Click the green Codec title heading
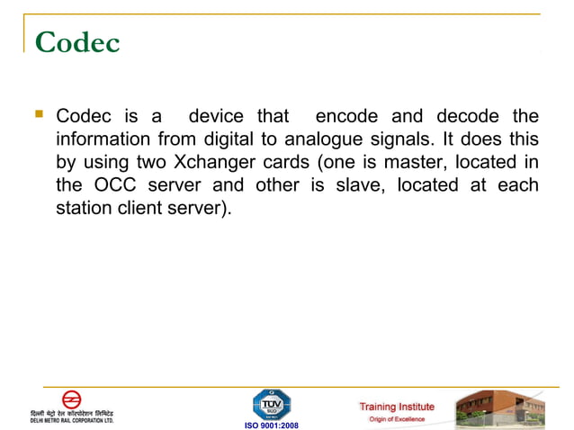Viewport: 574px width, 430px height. click(77, 43)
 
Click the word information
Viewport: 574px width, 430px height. click(102, 140)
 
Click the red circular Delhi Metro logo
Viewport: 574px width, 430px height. click(71, 399)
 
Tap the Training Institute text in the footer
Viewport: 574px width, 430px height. click(397, 407)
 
